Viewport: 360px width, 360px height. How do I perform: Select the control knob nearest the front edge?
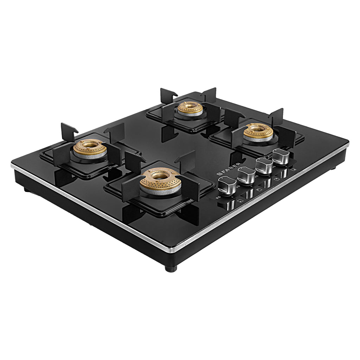tap(227, 185)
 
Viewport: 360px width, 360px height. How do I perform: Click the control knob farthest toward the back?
tap(281, 157)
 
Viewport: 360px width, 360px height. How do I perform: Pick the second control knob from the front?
tap(246, 175)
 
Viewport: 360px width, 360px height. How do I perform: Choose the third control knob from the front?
tap(264, 166)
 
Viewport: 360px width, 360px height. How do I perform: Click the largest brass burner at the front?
tap(160, 180)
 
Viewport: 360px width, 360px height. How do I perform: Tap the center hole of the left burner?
tap(90, 144)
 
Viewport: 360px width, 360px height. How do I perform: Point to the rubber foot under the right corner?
tap(333, 168)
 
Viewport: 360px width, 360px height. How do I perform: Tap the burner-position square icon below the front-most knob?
tap(240, 201)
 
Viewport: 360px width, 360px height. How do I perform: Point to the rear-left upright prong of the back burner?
tap(168, 95)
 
